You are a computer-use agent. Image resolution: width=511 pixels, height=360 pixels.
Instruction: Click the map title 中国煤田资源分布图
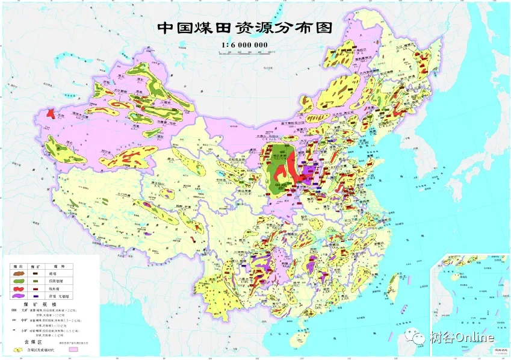244,28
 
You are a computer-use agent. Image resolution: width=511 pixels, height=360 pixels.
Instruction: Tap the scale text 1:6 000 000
244,44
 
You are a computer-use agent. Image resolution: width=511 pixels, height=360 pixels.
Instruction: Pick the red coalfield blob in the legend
20,289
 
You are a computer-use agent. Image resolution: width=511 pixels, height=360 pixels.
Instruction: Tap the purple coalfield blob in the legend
20,297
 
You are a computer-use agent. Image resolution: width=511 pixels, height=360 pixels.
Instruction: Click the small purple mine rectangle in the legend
37,297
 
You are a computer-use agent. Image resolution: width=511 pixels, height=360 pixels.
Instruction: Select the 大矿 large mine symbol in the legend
14,311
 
